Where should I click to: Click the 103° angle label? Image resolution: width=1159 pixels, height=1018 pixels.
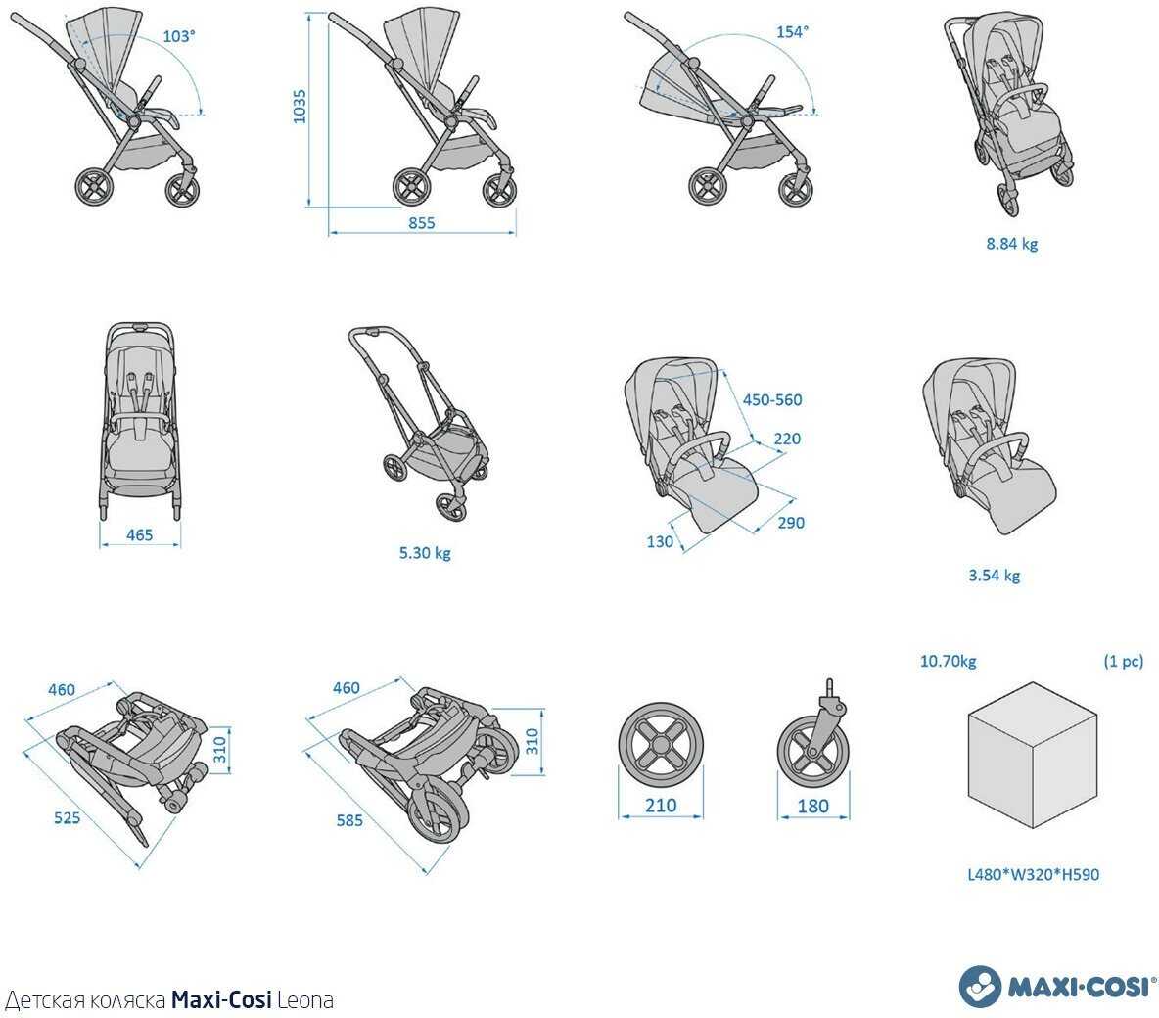[179, 35]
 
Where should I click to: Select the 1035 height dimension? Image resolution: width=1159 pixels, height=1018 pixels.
[300, 107]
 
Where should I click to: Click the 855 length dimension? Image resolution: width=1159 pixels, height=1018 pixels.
[421, 223]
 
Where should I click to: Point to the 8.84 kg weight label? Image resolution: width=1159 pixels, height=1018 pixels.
[1011, 243]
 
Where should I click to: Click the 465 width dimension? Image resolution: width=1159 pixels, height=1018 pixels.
[139, 535]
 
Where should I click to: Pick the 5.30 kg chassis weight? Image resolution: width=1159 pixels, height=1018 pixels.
[425, 553]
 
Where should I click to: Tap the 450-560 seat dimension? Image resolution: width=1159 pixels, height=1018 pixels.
[772, 399]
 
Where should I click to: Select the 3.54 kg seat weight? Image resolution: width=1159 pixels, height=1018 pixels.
[994, 576]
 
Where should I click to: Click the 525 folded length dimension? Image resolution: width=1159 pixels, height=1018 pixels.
[67, 817]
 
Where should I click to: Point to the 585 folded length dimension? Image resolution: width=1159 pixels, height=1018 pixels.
[348, 820]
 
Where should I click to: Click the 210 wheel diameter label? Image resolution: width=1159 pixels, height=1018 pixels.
[661, 806]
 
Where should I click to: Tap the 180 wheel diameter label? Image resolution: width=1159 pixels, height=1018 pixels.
[812, 807]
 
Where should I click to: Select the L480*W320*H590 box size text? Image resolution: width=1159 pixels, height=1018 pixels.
[1033, 874]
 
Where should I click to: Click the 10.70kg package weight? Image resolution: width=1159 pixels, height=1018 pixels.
[948, 661]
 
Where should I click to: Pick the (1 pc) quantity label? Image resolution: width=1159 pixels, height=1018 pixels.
[1123, 661]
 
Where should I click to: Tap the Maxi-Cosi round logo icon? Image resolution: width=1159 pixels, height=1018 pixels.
[980, 986]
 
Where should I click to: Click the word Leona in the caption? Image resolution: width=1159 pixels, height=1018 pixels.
[305, 1000]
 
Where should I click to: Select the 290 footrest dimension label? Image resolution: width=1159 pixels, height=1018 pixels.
[790, 523]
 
